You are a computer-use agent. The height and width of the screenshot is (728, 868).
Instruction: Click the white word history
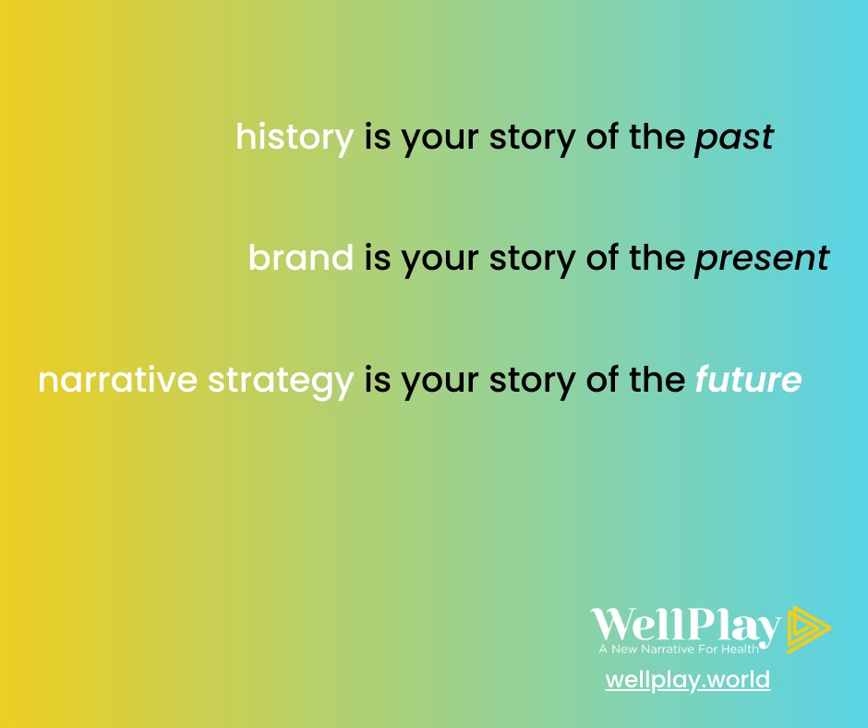click(295, 138)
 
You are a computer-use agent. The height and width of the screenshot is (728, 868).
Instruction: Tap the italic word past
click(734, 139)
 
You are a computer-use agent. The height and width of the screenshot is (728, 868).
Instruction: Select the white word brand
click(301, 257)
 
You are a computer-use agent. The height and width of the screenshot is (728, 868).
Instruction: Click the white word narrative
click(117, 380)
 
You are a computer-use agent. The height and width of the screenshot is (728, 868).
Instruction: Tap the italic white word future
click(749, 379)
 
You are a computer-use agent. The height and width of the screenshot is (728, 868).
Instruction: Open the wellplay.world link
click(688, 680)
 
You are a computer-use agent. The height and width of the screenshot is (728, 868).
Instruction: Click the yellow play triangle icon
click(807, 629)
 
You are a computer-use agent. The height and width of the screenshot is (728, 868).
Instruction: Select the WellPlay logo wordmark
click(686, 626)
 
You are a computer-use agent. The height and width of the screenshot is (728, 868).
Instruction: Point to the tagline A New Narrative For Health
click(679, 649)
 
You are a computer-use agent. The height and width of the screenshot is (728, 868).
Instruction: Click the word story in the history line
click(533, 139)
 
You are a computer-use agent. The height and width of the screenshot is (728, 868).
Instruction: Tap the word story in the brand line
click(533, 260)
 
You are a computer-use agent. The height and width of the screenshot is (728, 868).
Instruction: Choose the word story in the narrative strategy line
click(533, 382)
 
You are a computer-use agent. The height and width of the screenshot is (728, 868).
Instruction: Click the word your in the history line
click(440, 140)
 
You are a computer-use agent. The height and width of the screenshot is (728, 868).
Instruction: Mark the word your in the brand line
click(440, 261)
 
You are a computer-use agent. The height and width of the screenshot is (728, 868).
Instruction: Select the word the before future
click(657, 379)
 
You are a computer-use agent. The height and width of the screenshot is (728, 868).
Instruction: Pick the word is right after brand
click(378, 258)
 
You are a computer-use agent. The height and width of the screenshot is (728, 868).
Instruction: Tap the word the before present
click(657, 257)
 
